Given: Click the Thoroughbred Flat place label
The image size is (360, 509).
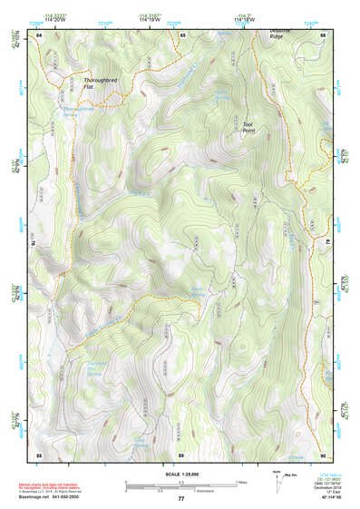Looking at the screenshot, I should pos(102,82).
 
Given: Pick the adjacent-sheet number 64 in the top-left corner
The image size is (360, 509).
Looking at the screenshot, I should pos(39,34).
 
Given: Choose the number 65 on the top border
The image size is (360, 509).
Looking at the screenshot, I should pos(182,34).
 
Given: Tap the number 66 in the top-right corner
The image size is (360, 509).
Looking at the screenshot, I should pos(323,34).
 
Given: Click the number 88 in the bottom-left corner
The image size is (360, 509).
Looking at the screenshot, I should pos(39,454).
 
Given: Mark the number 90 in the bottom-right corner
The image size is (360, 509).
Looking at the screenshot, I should pos(323,454).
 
